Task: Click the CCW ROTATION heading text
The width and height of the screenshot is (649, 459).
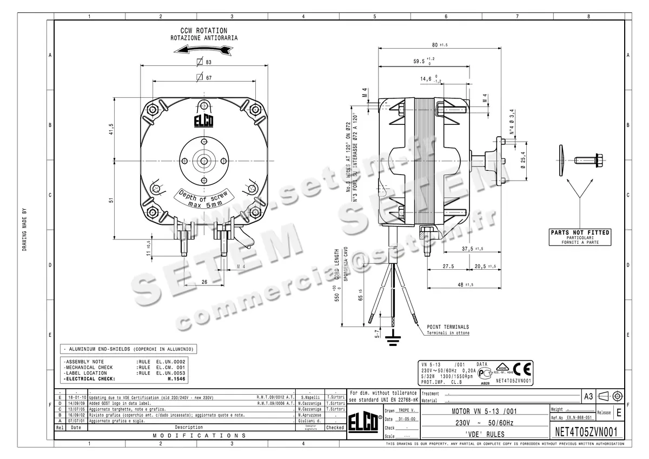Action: coord(203,31)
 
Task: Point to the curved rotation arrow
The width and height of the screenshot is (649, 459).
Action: coord(203,50)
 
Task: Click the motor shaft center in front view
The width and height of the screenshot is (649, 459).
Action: coord(204,161)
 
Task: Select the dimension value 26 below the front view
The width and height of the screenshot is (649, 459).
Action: coord(204,281)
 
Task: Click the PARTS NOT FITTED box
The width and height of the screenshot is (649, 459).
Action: coord(580,237)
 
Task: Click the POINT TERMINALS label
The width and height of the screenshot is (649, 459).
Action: coord(448,327)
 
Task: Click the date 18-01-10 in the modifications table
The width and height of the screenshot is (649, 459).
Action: coord(76,397)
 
